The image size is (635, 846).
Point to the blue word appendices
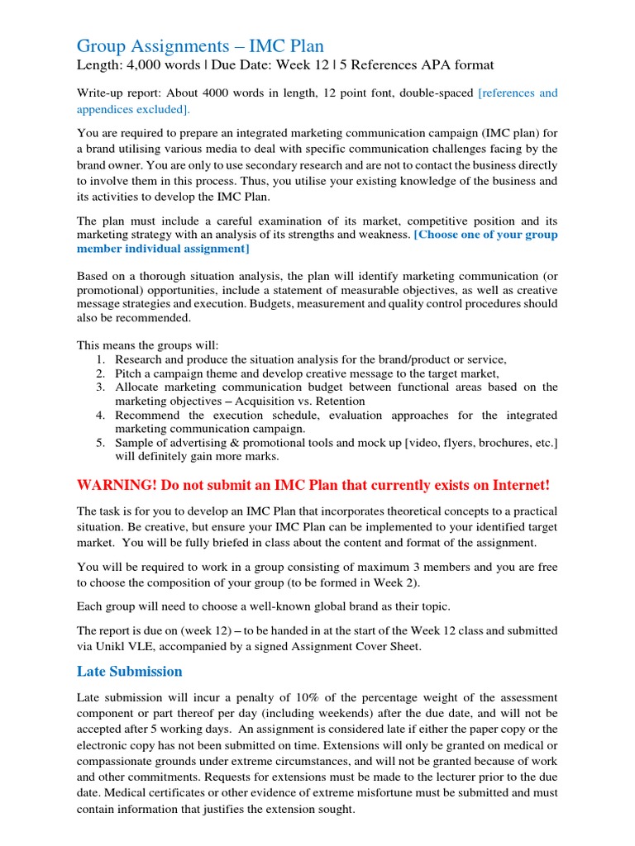pyautogui.click(x=108, y=109)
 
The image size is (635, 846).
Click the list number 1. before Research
pyautogui.click(x=100, y=359)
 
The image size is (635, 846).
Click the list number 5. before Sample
pyautogui.click(x=100, y=443)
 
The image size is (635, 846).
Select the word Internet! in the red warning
pyautogui.click(x=515, y=484)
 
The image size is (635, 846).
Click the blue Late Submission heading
pyautogui.click(x=129, y=671)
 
